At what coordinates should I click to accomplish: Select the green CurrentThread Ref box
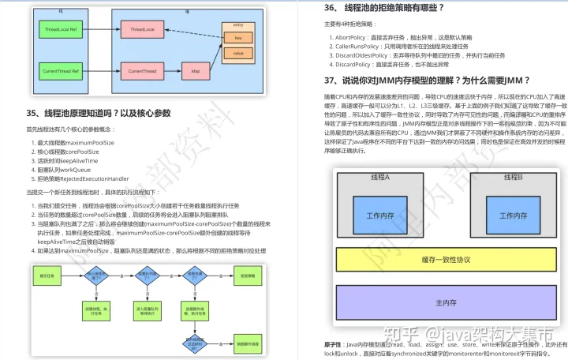pyautogui.click(x=60, y=72)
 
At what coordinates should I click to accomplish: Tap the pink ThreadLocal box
pyautogui.click(x=142, y=29)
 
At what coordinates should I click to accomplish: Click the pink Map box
pyautogui.click(x=196, y=72)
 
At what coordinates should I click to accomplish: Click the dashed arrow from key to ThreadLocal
pyautogui.click(x=194, y=33)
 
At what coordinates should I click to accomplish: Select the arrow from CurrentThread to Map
pyautogui.click(x=172, y=72)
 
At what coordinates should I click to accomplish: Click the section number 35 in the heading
pyautogui.click(x=33, y=114)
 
